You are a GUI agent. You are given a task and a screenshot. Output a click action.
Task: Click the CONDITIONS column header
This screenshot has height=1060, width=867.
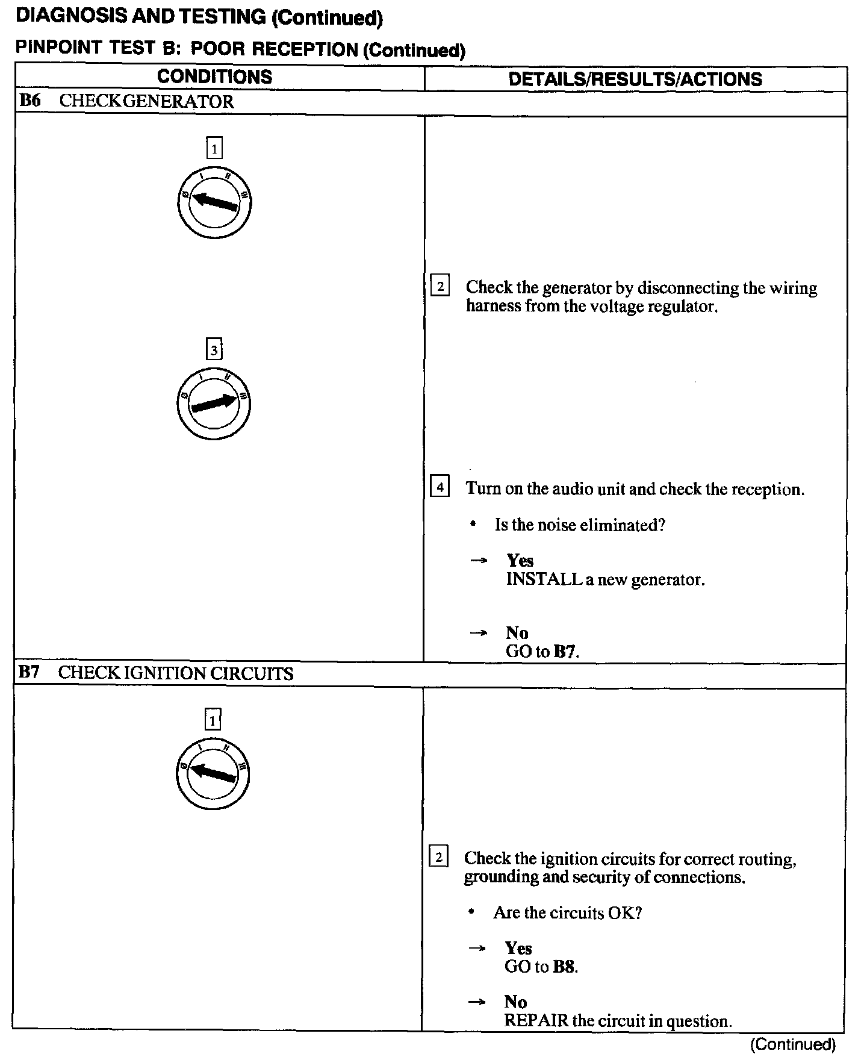pyautogui.click(x=214, y=77)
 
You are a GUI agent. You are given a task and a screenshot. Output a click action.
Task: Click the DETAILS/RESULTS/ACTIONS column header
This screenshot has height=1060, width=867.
pyautogui.click(x=635, y=79)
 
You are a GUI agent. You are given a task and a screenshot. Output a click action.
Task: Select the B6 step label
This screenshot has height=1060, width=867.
pyautogui.click(x=30, y=101)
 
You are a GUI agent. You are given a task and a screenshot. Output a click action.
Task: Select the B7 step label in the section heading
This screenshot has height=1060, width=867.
pyautogui.click(x=28, y=672)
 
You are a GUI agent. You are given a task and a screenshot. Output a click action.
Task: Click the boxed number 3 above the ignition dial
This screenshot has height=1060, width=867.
pyautogui.click(x=214, y=349)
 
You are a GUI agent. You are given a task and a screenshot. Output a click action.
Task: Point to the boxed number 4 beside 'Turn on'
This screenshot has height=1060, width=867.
pyautogui.click(x=440, y=486)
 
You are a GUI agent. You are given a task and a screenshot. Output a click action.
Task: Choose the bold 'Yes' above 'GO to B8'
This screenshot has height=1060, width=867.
pyautogui.click(x=518, y=948)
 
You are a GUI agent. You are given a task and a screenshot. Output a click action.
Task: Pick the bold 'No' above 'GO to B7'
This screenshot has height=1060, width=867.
pyautogui.click(x=517, y=632)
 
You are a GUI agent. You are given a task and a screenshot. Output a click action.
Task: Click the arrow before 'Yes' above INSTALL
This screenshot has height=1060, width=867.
pyautogui.click(x=478, y=561)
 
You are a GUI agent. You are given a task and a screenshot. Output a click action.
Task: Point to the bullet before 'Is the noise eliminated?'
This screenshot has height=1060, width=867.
pyautogui.click(x=474, y=525)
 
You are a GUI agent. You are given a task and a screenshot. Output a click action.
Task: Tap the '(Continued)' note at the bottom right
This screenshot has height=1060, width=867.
pyautogui.click(x=793, y=1044)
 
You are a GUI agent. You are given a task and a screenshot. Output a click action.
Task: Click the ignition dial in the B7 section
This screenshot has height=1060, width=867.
pyautogui.click(x=213, y=773)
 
